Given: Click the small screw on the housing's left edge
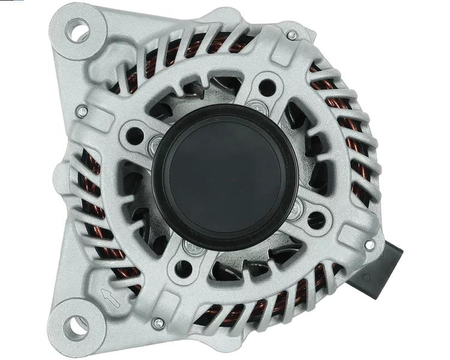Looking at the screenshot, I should coord(80,110).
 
